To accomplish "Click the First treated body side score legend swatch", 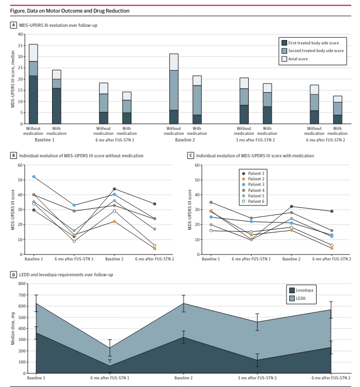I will click(284, 43).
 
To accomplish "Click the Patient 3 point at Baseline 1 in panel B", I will click(34, 177).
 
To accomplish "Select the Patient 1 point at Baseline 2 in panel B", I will click(114, 189).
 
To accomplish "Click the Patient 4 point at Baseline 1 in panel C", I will click(211, 202).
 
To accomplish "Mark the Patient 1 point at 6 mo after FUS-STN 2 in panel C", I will click(331, 211).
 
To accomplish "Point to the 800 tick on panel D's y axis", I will click(22, 284).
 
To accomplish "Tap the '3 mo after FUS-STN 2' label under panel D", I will click(257, 378).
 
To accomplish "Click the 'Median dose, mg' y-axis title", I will click(12, 328).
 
